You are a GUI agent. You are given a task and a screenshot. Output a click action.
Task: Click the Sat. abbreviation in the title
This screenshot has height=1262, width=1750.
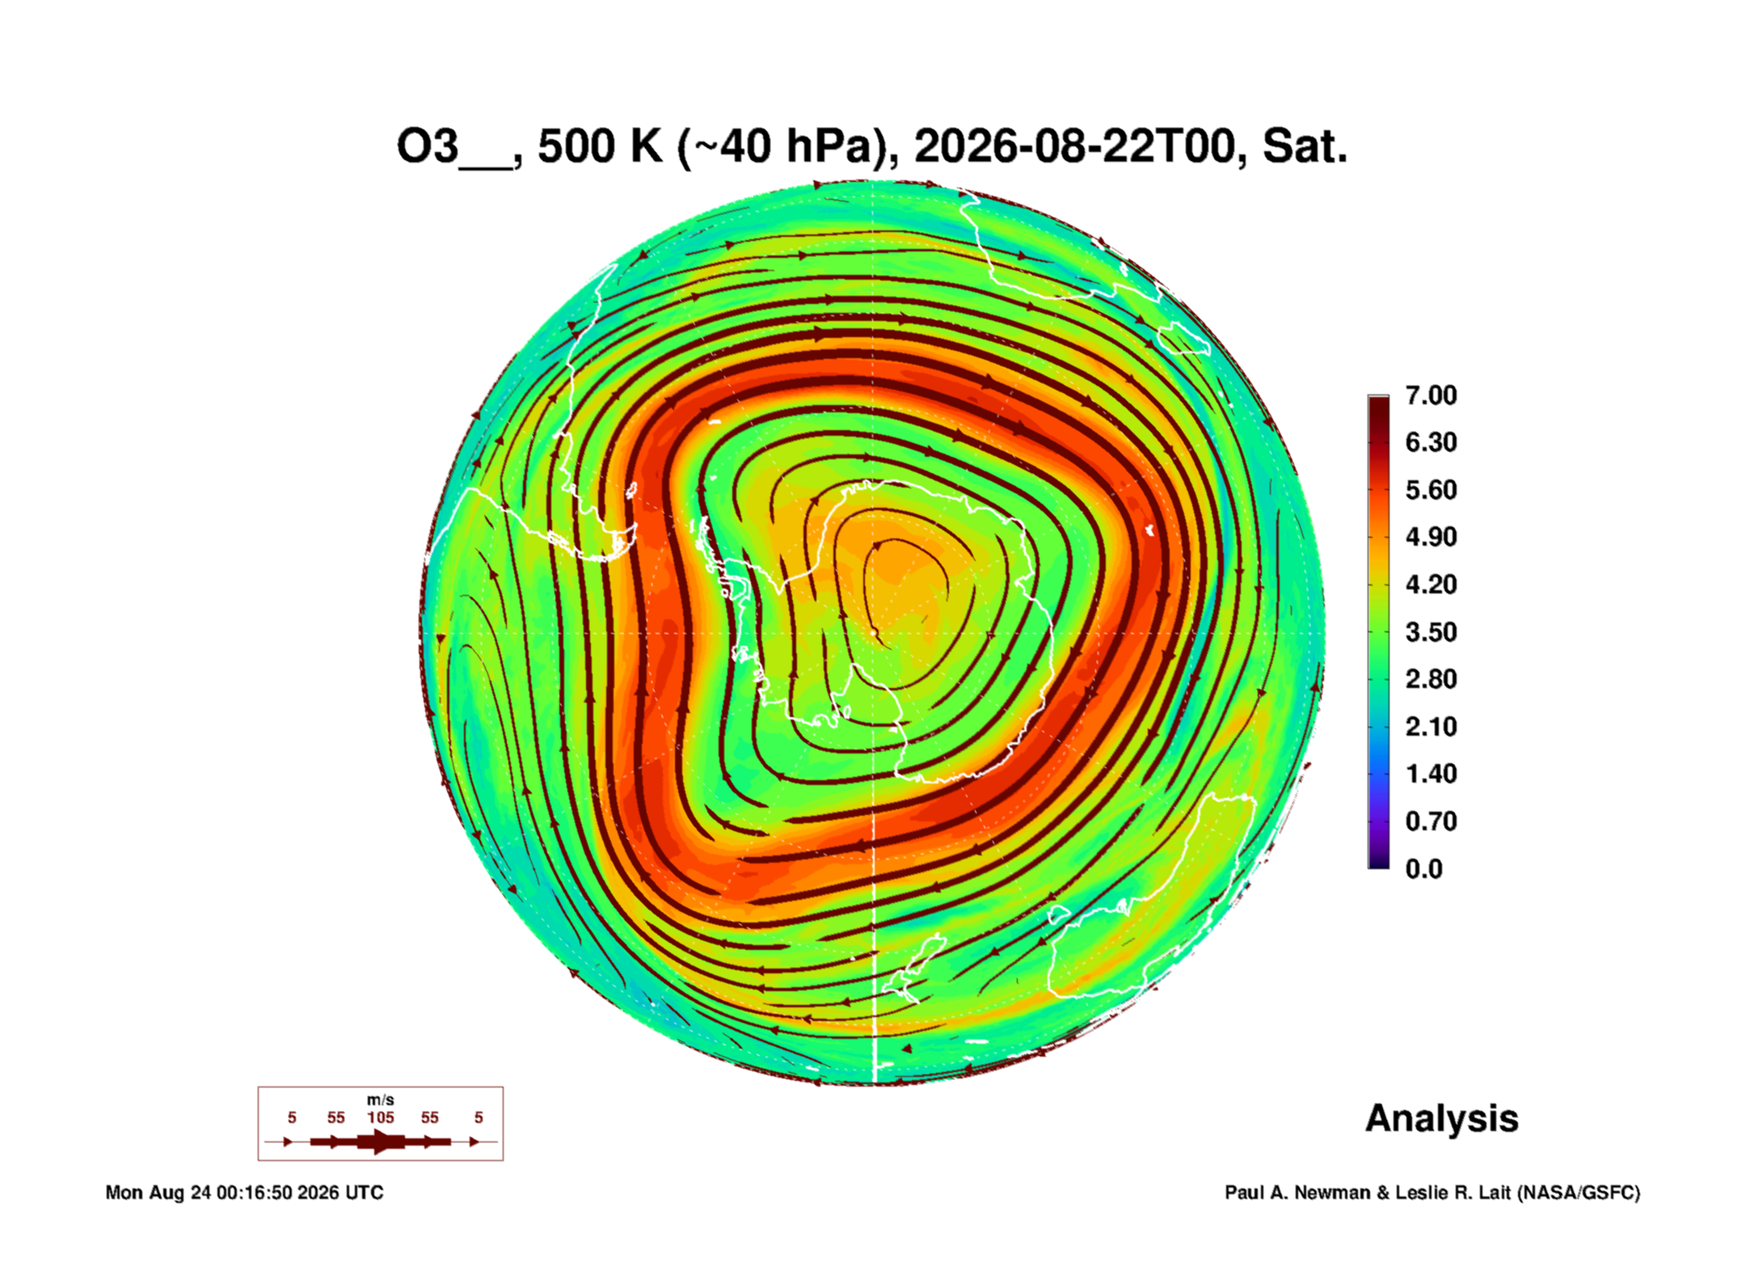pyautogui.click(x=1305, y=147)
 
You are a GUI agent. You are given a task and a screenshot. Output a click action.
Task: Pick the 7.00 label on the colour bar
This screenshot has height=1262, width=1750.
pyautogui.click(x=1431, y=395)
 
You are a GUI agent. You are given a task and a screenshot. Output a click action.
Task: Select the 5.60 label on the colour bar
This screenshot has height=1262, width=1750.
pyautogui.click(x=1431, y=490)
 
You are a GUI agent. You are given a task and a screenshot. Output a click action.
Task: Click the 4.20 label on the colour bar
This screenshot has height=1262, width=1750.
pyautogui.click(x=1431, y=585)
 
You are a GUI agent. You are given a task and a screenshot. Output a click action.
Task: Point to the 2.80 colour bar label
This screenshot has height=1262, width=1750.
pyautogui.click(x=1431, y=679)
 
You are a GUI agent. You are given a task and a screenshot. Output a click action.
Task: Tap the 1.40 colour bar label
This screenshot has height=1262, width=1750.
pyautogui.click(x=1431, y=774)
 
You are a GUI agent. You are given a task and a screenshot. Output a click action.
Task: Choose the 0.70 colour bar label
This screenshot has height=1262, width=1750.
pyautogui.click(x=1431, y=821)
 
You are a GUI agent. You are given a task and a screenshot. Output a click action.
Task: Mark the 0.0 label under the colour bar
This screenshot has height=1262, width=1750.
pyautogui.click(x=1423, y=869)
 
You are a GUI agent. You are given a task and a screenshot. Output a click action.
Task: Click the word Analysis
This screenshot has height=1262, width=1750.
pyautogui.click(x=1442, y=1119)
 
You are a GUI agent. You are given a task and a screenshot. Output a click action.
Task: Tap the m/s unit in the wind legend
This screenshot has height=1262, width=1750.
pyautogui.click(x=381, y=1100)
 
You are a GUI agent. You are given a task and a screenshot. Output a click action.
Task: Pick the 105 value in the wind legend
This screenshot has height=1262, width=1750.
pyautogui.click(x=381, y=1117)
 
